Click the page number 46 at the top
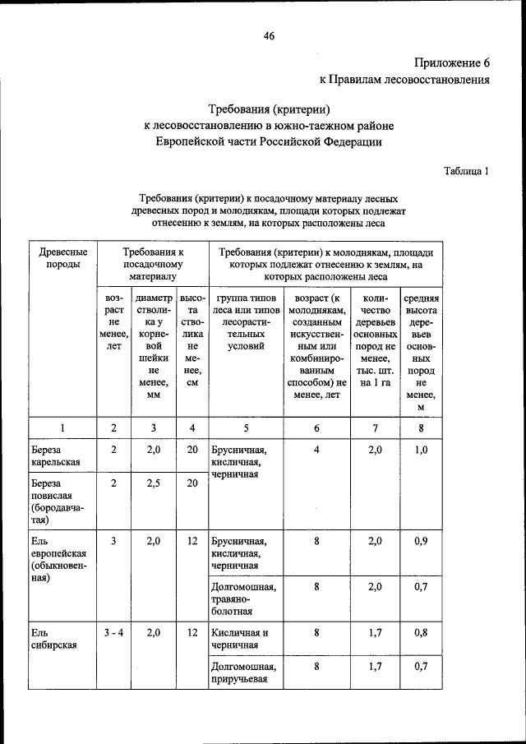click(x=269, y=35)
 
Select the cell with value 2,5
click(x=153, y=483)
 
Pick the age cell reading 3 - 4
click(x=113, y=633)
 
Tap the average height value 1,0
click(x=421, y=450)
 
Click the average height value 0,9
click(x=421, y=541)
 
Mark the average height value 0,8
click(x=421, y=633)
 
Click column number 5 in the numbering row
click(x=246, y=427)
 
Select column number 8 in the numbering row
click(x=421, y=427)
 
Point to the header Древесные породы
click(x=60, y=258)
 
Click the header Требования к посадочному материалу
click(x=152, y=265)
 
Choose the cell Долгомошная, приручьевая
click(x=243, y=673)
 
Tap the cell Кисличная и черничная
click(x=240, y=639)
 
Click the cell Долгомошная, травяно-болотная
click(x=243, y=599)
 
